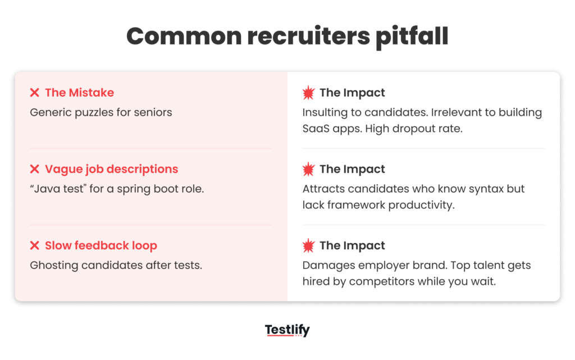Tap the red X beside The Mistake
click(35, 93)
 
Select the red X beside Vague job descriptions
click(35, 169)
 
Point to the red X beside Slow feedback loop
click(35, 245)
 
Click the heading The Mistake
click(79, 93)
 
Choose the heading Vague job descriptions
click(111, 169)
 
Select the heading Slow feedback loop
click(101, 245)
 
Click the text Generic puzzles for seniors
click(101, 112)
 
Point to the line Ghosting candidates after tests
click(116, 265)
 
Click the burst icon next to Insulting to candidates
click(308, 93)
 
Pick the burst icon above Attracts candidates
click(308, 169)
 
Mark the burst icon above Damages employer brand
click(308, 245)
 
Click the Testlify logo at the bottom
click(287, 330)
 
